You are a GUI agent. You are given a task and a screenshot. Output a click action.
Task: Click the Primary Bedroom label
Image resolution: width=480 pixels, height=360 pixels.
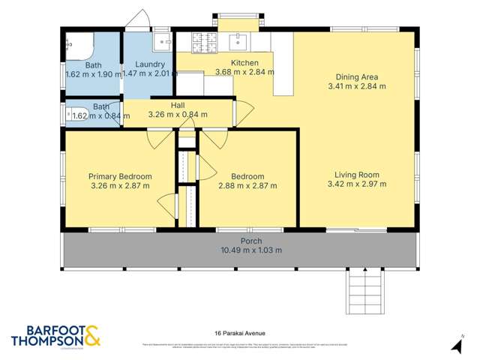(120, 176)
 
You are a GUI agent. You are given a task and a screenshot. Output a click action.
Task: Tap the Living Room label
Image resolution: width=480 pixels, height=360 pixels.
(360, 174)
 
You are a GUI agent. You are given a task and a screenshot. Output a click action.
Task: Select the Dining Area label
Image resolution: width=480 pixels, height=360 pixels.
(356, 76)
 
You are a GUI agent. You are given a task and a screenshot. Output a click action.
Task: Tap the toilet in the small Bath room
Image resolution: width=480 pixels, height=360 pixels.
(77, 115)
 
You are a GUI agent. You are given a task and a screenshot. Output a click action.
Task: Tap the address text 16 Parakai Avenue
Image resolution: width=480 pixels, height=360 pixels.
(240, 332)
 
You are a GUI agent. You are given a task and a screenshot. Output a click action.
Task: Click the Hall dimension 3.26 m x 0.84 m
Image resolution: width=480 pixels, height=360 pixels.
(177, 115)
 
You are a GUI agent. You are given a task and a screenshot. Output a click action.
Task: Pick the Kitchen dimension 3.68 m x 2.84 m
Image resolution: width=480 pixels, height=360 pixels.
(244, 73)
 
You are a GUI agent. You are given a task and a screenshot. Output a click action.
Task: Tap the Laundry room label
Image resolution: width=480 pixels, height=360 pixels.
(149, 64)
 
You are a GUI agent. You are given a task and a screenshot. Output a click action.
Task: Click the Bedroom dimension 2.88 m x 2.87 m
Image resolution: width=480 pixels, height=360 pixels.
(247, 185)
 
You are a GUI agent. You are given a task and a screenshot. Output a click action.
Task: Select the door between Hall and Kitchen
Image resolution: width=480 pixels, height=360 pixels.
(235, 113)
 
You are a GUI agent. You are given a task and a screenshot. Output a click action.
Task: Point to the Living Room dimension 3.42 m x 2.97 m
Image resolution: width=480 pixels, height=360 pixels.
(360, 184)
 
